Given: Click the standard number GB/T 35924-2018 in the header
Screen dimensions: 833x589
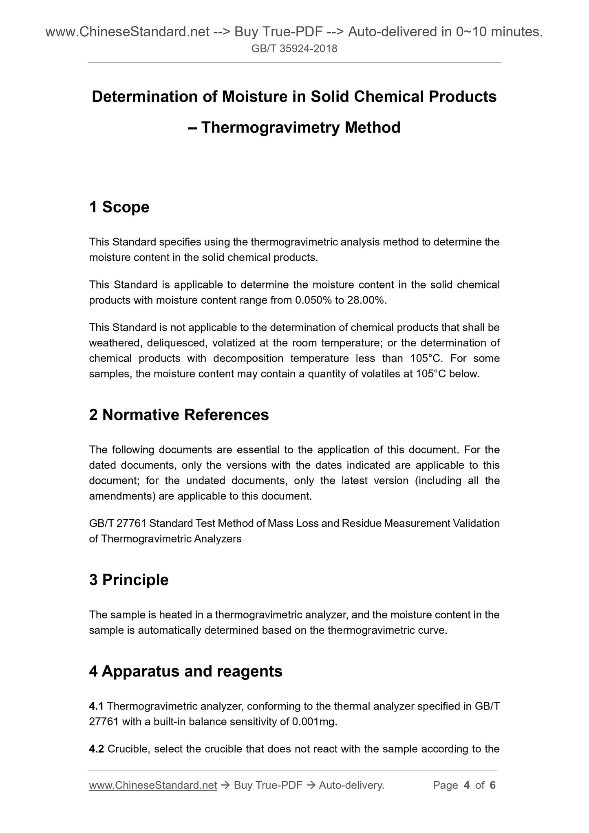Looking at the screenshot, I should point(294,49).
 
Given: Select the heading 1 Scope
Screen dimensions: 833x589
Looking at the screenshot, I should point(119,207).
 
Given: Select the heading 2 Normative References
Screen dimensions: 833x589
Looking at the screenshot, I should point(179,415).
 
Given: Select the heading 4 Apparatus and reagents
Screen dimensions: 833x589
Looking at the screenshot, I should point(185,671).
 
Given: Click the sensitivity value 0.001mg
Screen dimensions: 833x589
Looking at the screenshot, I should point(314,722).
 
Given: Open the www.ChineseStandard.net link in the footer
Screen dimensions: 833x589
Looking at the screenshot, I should point(153,785).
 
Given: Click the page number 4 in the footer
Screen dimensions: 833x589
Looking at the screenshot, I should point(466,785).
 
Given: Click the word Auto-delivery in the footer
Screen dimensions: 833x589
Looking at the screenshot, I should point(351,785).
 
